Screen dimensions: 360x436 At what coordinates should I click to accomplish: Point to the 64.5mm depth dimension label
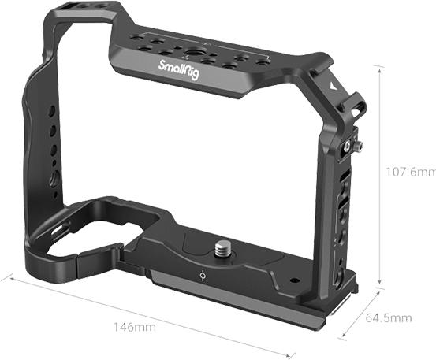389,317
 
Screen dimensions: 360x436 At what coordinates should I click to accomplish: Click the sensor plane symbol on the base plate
204,276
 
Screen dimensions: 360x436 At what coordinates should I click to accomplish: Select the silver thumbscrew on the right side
357,147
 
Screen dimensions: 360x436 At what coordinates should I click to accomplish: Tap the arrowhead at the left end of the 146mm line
5,276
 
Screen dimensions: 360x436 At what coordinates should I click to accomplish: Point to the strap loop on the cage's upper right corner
353,106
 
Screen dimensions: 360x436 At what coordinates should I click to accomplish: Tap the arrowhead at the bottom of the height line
381,281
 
